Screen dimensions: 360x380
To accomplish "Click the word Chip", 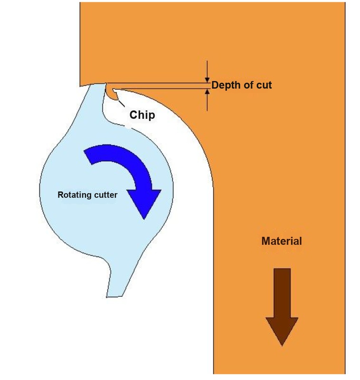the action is tap(142, 115).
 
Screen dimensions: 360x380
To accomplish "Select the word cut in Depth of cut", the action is tap(263, 85).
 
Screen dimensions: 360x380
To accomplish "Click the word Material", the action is tap(282, 241).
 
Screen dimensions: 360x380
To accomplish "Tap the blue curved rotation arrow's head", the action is tap(144, 204).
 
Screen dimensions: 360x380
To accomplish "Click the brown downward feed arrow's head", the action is tap(282, 331).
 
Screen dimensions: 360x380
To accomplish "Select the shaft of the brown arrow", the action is tap(282, 293).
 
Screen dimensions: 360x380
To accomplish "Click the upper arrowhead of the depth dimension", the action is tap(207, 80).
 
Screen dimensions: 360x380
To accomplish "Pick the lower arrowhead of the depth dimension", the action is tap(207, 92).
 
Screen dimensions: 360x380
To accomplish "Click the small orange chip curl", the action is tap(112, 93).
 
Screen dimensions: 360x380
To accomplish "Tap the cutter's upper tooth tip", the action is tap(106, 84).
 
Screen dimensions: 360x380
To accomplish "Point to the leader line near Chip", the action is tap(121, 103).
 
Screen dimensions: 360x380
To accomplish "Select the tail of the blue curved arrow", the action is tap(88, 157).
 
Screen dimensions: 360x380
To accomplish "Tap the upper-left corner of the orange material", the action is tap(80, 2).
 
